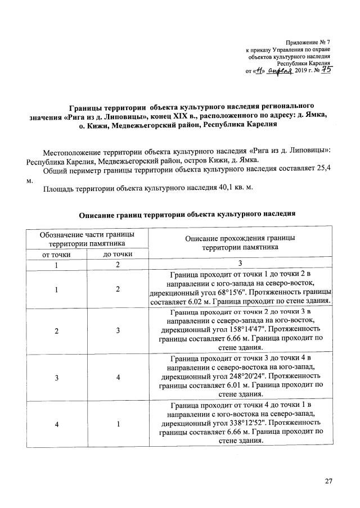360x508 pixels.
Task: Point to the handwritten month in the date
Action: [280, 71]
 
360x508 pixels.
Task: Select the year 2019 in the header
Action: [303, 72]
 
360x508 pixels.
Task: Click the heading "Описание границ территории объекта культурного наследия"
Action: [187, 214]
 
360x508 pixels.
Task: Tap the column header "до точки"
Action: [118, 255]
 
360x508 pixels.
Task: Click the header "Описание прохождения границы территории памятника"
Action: [240, 242]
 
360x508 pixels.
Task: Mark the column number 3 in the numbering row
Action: [240, 265]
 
